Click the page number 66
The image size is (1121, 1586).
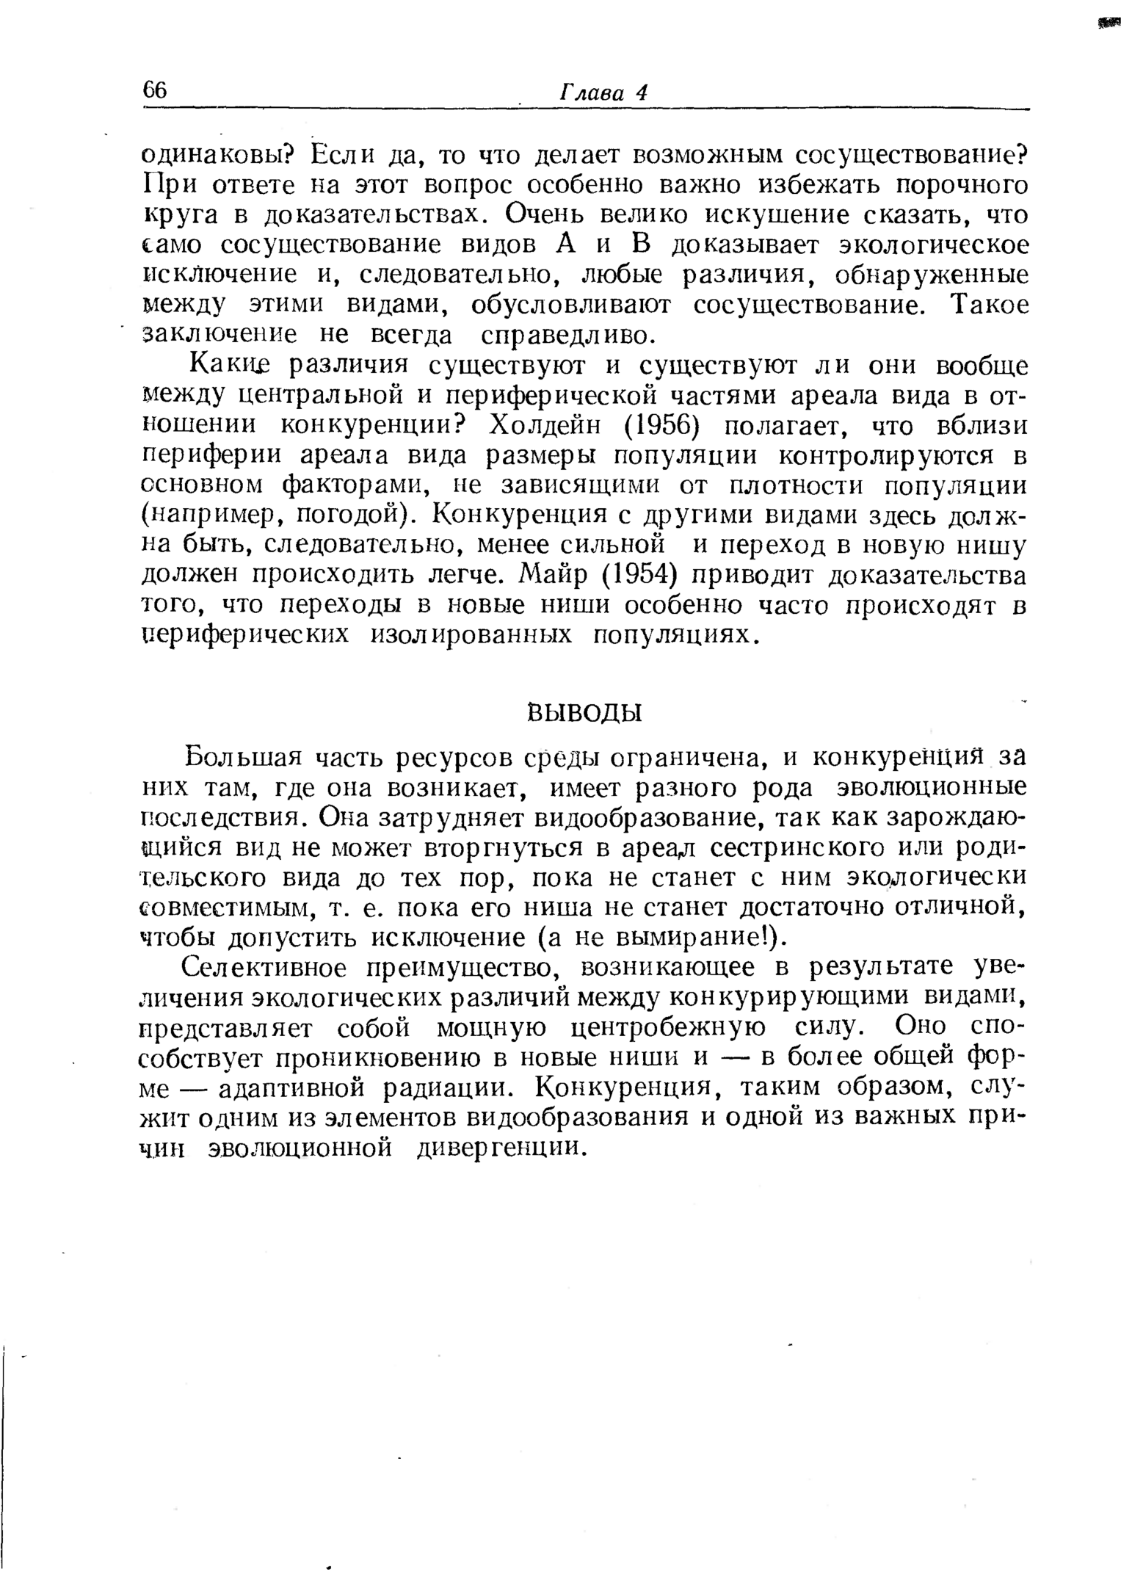pos(155,90)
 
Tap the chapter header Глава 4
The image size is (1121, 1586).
pos(604,93)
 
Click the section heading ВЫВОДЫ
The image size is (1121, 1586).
pos(584,712)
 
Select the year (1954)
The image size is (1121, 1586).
pos(638,576)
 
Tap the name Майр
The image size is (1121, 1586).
pos(557,576)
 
